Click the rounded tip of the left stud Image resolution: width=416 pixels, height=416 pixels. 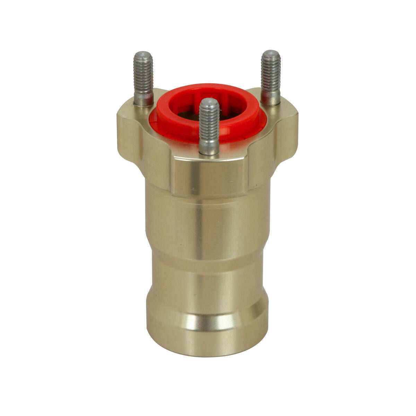pos(143,55)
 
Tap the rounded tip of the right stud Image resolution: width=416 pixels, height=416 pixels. pos(271,54)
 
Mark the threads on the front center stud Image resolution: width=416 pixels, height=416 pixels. pos(209,121)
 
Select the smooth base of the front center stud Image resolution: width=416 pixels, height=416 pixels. pos(209,147)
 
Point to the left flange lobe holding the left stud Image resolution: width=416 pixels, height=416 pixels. pos(133,128)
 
